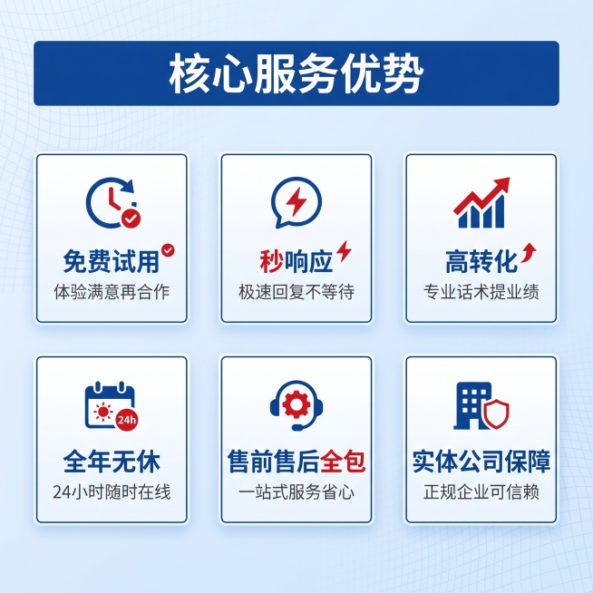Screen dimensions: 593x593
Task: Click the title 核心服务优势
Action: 296,74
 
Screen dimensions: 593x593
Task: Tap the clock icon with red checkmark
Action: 112,202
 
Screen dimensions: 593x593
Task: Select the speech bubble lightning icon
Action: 296,202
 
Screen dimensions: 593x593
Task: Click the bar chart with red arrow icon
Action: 481,203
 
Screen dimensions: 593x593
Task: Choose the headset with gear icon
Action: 296,405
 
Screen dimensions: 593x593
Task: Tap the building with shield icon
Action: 481,405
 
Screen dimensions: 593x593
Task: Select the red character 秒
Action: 271,262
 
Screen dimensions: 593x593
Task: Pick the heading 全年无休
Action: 112,462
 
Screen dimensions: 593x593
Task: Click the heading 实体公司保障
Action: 481,462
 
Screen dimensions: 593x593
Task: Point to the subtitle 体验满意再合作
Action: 112,293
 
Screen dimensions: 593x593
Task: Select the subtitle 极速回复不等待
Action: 296,293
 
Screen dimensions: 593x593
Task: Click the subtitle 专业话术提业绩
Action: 481,293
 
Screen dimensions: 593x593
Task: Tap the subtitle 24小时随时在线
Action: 112,493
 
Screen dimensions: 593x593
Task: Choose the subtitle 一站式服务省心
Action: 296,493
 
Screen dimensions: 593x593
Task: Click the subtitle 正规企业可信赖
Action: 481,493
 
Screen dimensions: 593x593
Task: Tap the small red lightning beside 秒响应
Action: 344,251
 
